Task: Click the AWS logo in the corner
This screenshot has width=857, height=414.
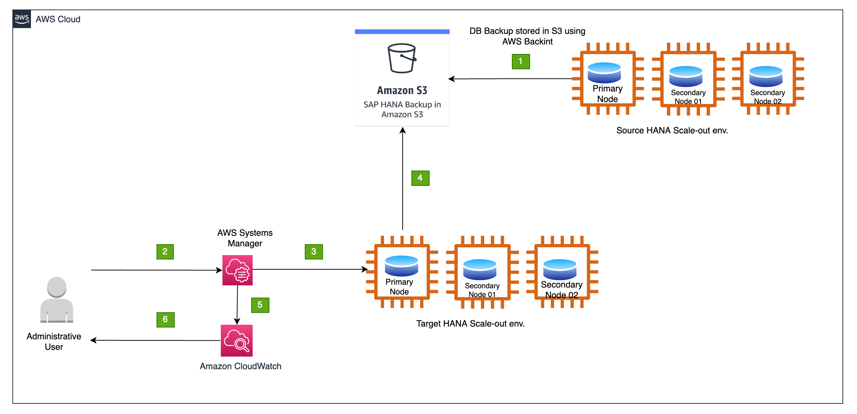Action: pyautogui.click(x=22, y=19)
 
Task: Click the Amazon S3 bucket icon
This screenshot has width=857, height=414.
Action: pyautogui.click(x=402, y=58)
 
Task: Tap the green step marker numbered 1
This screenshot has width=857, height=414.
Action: pyautogui.click(x=521, y=61)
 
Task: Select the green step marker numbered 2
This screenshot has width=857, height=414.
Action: pyautogui.click(x=165, y=251)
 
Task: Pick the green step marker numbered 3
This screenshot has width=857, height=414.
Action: pyautogui.click(x=313, y=251)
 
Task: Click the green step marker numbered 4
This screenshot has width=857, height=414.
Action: pyautogui.click(x=420, y=178)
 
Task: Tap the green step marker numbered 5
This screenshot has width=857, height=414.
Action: pyautogui.click(x=260, y=305)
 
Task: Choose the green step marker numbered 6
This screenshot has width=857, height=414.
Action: pyautogui.click(x=165, y=320)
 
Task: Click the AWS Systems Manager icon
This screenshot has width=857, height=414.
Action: pyautogui.click(x=237, y=270)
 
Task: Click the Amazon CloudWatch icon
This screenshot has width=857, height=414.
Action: pyautogui.click(x=237, y=340)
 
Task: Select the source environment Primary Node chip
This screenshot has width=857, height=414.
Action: pyautogui.click(x=607, y=79)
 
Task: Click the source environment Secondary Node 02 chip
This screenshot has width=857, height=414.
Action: pyautogui.click(x=767, y=79)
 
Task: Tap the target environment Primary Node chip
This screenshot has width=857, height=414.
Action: pyautogui.click(x=402, y=272)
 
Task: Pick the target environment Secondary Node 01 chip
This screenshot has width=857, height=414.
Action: pyautogui.click(x=482, y=272)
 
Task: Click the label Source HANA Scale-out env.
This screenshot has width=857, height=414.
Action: pyautogui.click(x=672, y=130)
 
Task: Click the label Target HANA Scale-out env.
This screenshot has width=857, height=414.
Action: pyautogui.click(x=470, y=324)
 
